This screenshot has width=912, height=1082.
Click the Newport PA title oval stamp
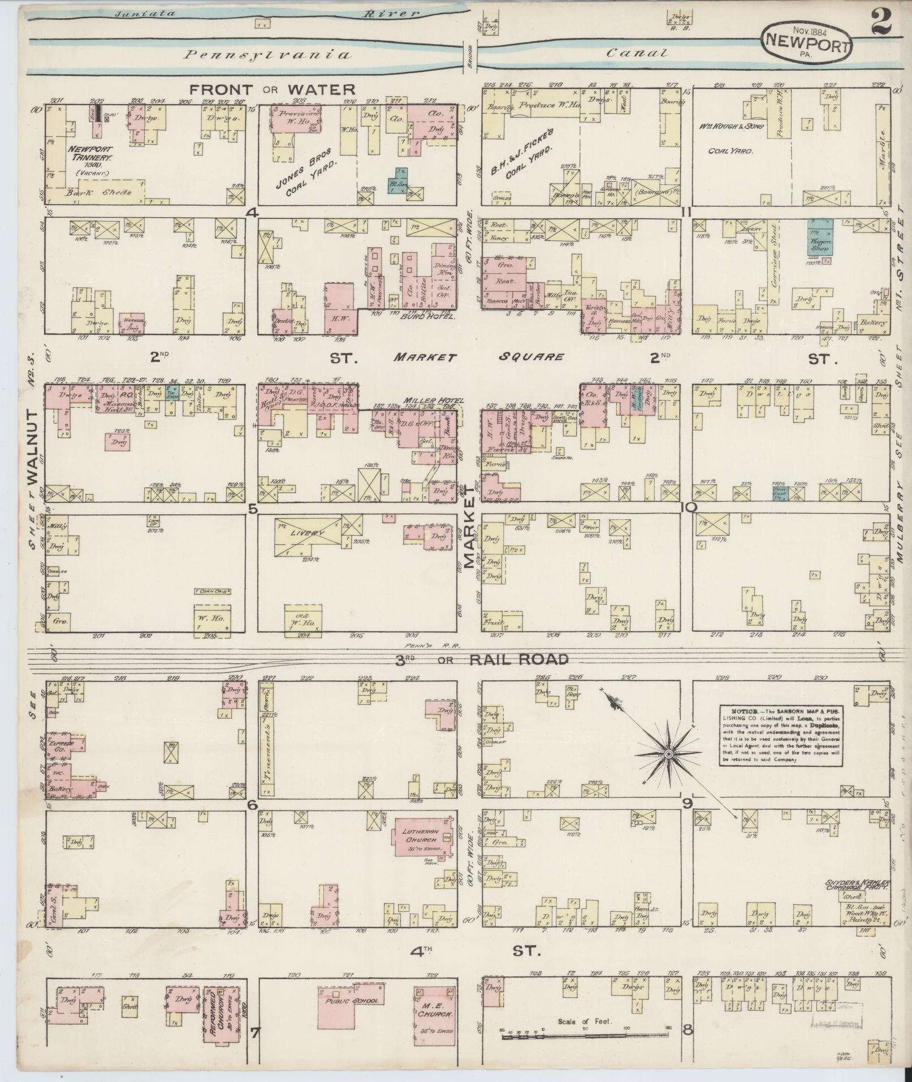807,42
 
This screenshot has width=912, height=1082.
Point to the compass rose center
668,754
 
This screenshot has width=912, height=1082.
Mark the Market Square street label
478,357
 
